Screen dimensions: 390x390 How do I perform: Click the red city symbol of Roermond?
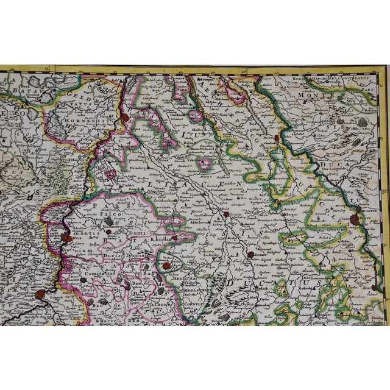pos(124,119)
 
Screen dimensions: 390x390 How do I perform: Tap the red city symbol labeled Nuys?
pos(278,138)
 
